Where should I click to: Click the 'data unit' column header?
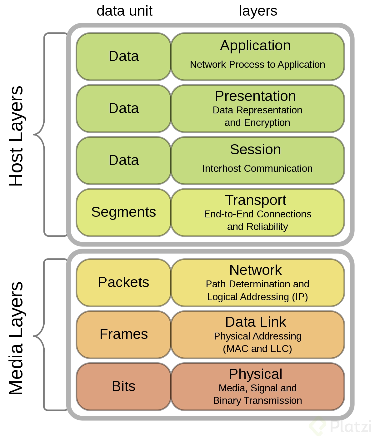pyautogui.click(x=124, y=11)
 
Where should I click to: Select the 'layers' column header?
pyautogui.click(x=258, y=11)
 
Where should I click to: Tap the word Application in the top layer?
pyautogui.click(x=255, y=46)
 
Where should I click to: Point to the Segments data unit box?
pyautogui.click(x=123, y=212)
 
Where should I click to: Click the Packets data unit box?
pyautogui.click(x=123, y=282)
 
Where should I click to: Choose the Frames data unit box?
pyautogui.click(x=123, y=334)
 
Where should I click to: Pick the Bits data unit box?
pyautogui.click(x=123, y=386)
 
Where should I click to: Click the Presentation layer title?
pyautogui.click(x=255, y=96)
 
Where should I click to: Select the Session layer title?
pyautogui.click(x=255, y=150)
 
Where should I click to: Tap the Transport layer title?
pyautogui.click(x=255, y=200)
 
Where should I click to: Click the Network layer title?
pyautogui.click(x=255, y=270)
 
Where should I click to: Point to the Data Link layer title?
pyautogui.click(x=255, y=322)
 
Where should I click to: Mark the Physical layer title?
pyautogui.click(x=255, y=374)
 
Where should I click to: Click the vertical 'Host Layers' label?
pyautogui.click(x=16, y=136)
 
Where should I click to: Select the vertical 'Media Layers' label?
pyautogui.click(x=16, y=338)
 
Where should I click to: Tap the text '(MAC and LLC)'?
pyautogui.click(x=257, y=349)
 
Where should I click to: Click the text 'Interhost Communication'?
pyautogui.click(x=257, y=169)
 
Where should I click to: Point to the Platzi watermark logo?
pyautogui.click(x=341, y=427)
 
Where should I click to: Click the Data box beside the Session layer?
pyautogui.click(x=123, y=160)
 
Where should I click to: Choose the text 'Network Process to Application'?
pyautogui.click(x=257, y=65)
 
